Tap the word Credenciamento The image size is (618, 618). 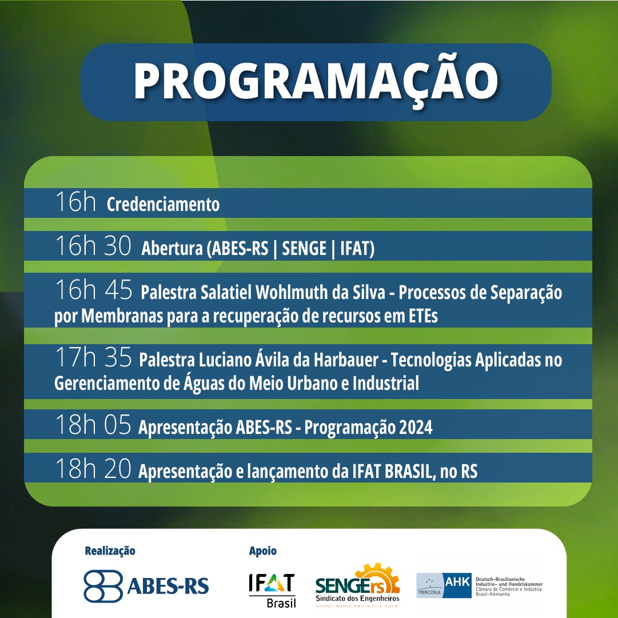click(x=163, y=204)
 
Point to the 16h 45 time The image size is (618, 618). click(x=94, y=290)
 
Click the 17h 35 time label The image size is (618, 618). click(x=93, y=357)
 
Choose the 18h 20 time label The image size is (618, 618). click(x=93, y=468)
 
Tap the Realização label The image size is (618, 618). click(x=110, y=551)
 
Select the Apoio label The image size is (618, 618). click(x=262, y=551)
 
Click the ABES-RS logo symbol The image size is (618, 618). click(x=103, y=587)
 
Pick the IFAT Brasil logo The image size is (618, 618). click(x=272, y=590)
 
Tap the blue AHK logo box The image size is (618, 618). click(x=457, y=585)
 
